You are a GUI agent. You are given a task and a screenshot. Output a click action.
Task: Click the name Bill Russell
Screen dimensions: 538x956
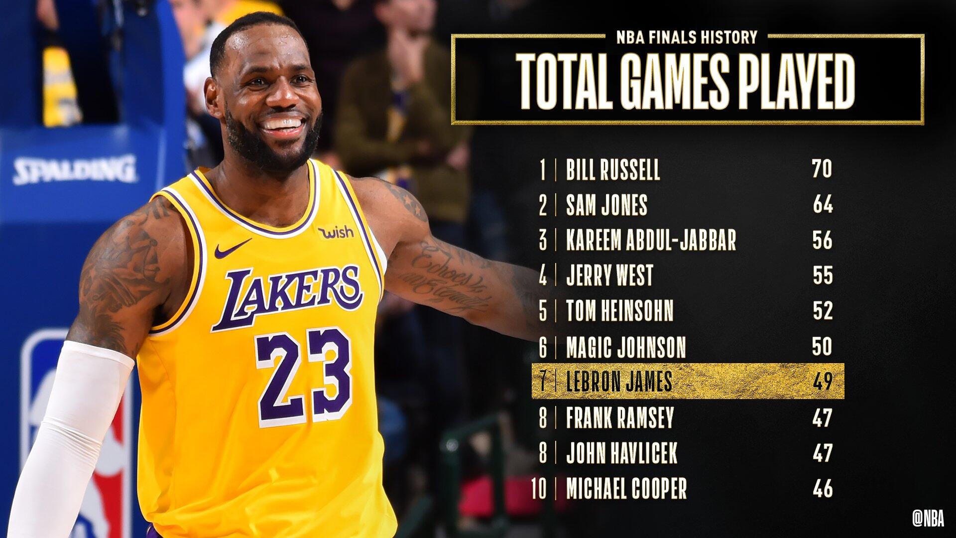[612, 169]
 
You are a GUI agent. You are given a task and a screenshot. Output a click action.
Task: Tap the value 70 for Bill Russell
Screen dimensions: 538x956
[822, 169]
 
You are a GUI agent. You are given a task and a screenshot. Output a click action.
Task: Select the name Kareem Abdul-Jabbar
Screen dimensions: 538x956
[651, 240]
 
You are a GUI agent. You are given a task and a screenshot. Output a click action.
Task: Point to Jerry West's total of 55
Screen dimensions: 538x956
[823, 275]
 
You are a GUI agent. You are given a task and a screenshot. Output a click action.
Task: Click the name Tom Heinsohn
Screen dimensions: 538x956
[619, 311]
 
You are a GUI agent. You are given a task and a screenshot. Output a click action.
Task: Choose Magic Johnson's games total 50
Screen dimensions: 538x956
[822, 347]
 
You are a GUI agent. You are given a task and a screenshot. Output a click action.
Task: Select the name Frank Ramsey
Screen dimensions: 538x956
[619, 417]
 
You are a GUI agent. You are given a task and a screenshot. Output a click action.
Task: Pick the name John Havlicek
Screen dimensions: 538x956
[621, 453]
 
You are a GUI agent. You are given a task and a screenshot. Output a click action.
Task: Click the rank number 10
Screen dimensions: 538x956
[539, 489]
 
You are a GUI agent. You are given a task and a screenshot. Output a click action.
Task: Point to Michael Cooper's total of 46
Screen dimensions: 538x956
[823, 489]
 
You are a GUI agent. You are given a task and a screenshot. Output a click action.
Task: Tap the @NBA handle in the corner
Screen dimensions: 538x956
[928, 519]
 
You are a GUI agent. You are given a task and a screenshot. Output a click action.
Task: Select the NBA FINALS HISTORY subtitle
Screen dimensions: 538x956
[687, 37]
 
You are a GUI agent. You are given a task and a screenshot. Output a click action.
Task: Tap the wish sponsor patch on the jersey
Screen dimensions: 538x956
[336, 232]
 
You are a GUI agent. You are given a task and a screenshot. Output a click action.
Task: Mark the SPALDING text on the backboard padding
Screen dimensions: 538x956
[75, 169]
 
